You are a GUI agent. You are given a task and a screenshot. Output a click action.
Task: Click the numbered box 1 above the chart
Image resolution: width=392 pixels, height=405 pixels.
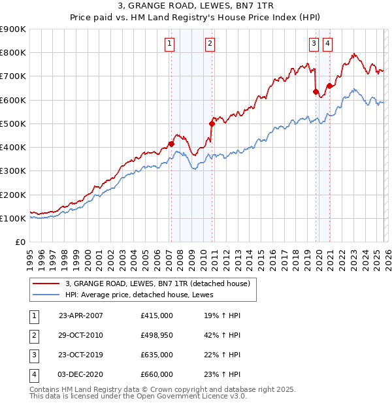(170, 44)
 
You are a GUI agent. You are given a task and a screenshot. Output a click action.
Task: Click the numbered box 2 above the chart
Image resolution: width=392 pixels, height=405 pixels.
(210, 44)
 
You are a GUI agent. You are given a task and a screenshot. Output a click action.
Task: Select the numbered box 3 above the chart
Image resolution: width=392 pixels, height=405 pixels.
(314, 44)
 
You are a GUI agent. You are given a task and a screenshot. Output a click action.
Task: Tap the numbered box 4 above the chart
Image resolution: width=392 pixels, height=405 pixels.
(327, 44)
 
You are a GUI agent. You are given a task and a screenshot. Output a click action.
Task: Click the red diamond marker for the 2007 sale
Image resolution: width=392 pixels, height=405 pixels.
(171, 144)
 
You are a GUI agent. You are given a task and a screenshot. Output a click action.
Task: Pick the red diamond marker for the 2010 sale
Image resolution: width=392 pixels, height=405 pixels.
(212, 123)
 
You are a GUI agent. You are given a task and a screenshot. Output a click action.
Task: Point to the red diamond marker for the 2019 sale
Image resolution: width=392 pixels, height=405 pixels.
(316, 91)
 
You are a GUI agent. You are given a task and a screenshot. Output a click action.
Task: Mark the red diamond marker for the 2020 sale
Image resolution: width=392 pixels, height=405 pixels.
(329, 86)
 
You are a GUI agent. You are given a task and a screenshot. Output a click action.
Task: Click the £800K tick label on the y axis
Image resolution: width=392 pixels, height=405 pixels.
(12, 53)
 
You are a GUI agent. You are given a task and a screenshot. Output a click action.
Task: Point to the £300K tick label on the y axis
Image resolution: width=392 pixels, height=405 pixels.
(12, 171)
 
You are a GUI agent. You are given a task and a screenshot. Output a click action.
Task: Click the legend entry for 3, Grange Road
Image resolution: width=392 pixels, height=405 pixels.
(157, 283)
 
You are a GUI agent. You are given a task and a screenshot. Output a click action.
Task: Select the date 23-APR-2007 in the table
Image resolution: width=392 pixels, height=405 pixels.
(80, 315)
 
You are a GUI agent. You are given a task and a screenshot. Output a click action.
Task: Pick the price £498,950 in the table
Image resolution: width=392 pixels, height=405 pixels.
(157, 335)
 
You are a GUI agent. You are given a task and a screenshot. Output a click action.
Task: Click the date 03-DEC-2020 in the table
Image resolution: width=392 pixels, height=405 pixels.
(80, 375)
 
